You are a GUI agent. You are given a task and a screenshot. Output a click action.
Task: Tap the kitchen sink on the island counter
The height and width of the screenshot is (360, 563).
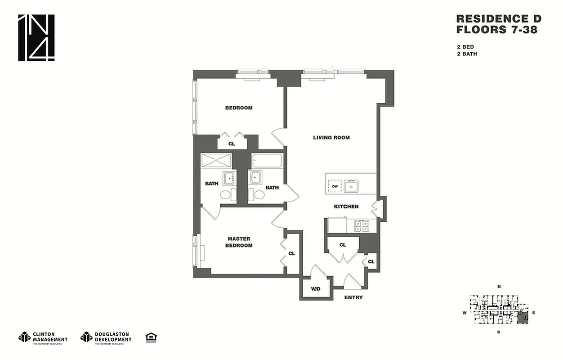pos(351,185)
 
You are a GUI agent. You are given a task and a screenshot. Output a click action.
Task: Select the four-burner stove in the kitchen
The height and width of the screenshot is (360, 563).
pos(361,226)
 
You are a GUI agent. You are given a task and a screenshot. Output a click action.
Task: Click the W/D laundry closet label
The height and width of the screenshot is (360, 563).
pos(316,288)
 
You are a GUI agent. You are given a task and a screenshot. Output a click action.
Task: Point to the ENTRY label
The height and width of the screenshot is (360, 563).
pos(353,297)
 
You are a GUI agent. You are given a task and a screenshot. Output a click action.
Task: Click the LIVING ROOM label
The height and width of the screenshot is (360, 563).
pos(331,138)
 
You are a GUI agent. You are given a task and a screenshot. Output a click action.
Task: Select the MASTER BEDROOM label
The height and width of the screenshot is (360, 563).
pos(240,242)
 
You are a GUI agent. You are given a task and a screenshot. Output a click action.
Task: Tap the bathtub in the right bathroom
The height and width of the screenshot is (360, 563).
pos(267,161)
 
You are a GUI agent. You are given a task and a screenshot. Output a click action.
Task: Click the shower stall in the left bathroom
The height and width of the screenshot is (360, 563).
pos(216,161)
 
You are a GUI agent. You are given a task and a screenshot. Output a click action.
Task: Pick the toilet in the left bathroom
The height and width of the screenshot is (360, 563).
pos(228,194)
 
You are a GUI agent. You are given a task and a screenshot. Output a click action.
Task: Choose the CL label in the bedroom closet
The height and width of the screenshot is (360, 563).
pos(232,144)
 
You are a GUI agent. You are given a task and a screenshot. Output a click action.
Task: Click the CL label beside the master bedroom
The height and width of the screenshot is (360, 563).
pos(291,254)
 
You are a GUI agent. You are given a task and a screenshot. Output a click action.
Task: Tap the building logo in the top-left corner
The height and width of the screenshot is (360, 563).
pos(36,38)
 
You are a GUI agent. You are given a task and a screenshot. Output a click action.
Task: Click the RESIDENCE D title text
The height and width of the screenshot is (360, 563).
pos(499,19)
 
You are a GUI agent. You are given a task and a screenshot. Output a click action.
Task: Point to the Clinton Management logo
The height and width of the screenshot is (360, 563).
pos(43,337)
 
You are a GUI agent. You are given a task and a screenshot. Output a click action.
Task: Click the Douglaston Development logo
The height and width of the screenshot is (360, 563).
pos(106,337)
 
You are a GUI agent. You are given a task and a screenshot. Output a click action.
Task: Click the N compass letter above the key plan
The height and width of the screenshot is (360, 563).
pos(499,287)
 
